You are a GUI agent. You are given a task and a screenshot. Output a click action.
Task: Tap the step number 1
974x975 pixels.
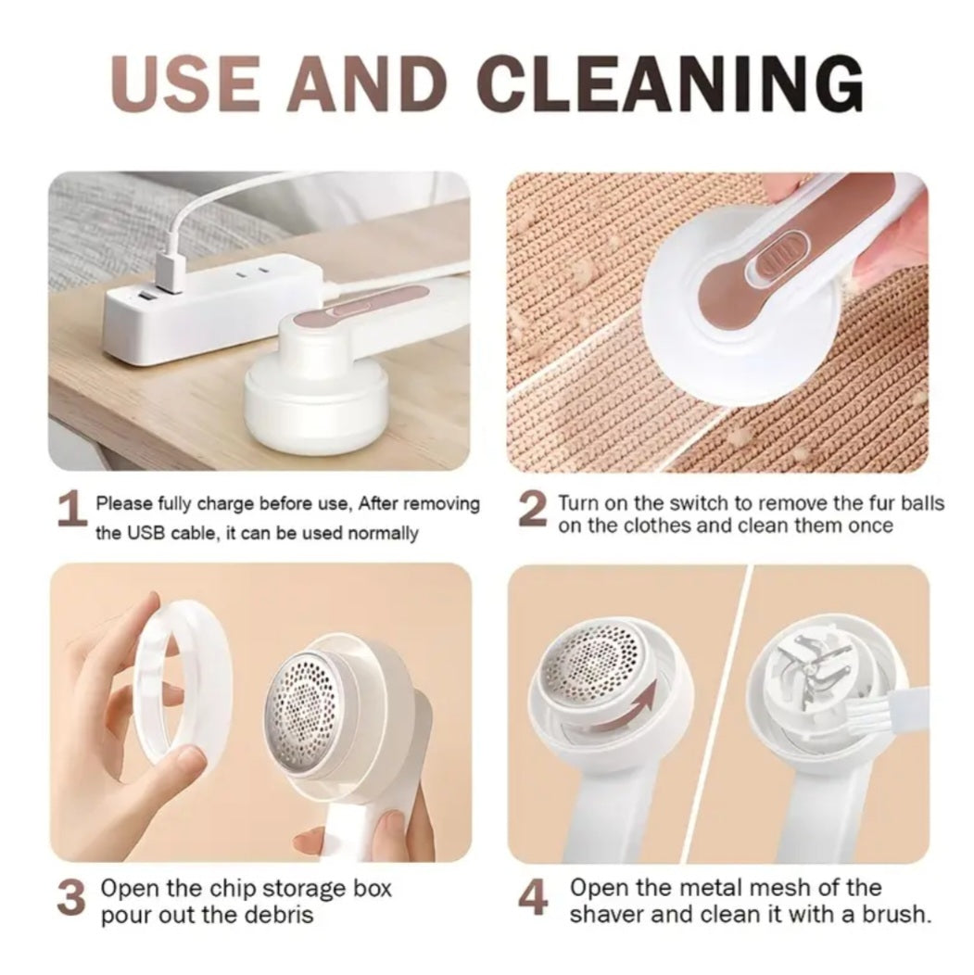70,513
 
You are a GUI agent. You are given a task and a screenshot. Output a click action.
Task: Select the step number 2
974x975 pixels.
532,511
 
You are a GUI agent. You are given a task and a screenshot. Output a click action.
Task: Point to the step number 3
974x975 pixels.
71,898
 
